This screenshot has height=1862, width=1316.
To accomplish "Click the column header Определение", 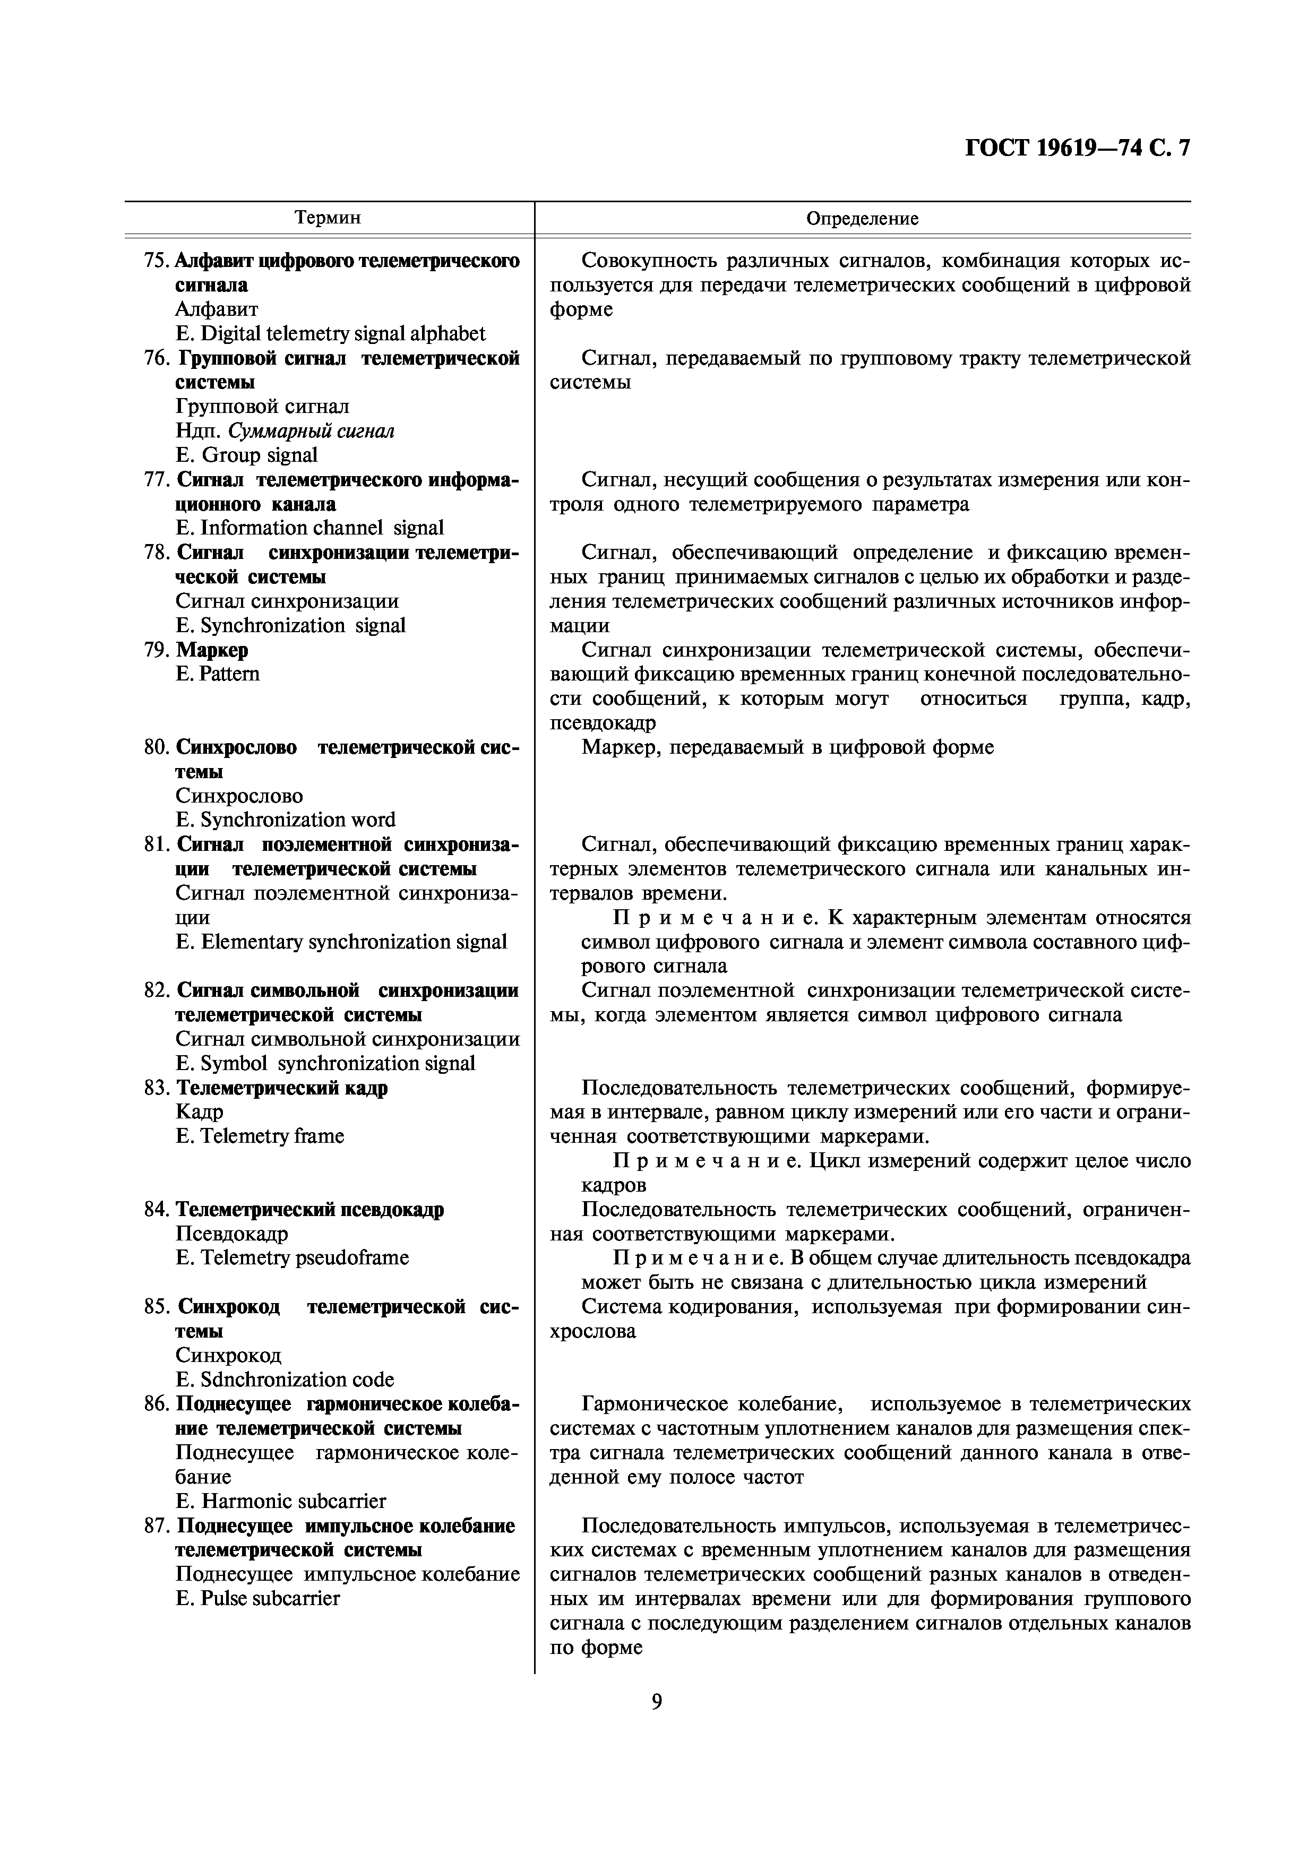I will pos(862,218).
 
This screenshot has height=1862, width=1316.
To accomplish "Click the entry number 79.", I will pos(156,650).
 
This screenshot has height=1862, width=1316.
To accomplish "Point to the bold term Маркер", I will pos(212,650).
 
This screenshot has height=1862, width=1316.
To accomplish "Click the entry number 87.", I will pos(156,1525).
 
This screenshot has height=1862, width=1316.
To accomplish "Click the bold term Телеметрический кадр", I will pos(282,1088).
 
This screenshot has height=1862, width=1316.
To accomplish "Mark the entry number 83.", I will pos(156,1088).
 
